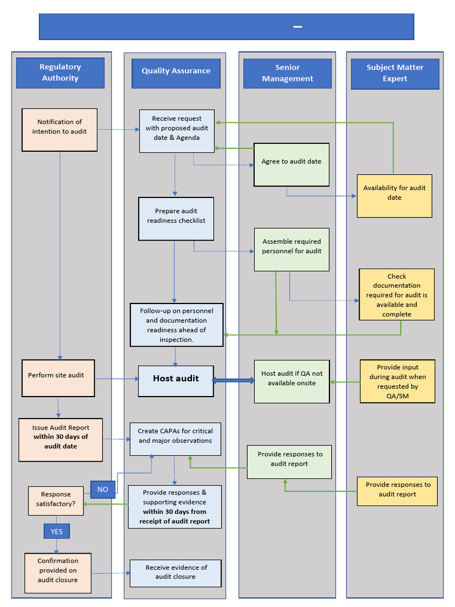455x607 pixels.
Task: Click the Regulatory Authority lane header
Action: pos(60,73)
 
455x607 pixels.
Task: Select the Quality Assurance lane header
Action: pos(175,71)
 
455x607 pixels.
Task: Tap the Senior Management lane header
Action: pos(287,73)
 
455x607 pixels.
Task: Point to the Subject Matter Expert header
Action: pos(395,73)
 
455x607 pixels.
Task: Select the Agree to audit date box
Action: pos(291,161)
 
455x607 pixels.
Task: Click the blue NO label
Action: pos(103,489)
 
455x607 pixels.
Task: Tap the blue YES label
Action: pos(57,531)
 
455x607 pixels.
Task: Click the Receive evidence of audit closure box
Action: pos(175,573)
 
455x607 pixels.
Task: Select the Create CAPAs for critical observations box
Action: pos(175,439)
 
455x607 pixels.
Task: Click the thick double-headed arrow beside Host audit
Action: pos(233,381)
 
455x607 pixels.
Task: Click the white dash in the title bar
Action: pos(297,27)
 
